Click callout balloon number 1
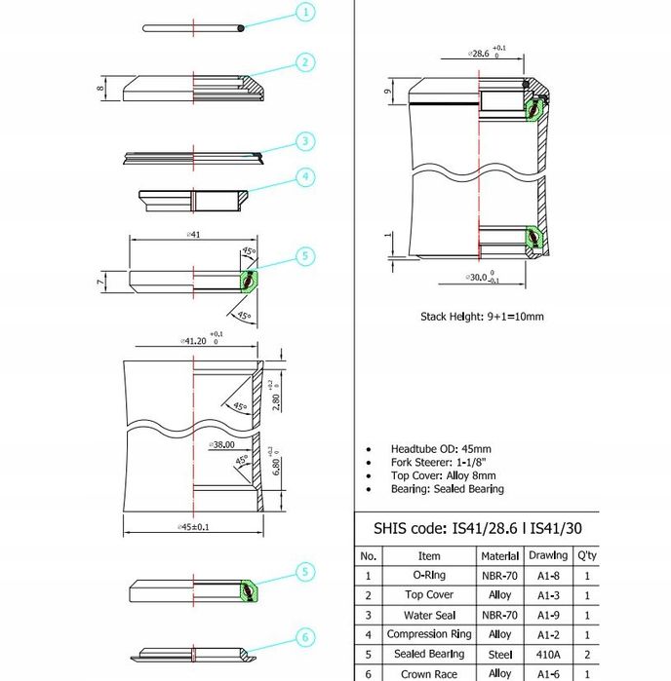click(305, 13)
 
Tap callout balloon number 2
click(305, 63)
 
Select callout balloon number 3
click(305, 141)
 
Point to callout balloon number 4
click(305, 177)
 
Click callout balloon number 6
click(305, 638)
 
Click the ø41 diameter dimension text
click(194, 235)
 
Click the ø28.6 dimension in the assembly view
click(480, 54)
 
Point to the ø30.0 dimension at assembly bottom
click(480, 279)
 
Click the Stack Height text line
click(482, 317)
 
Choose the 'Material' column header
click(499, 556)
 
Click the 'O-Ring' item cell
click(428, 576)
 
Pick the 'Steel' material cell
click(499, 654)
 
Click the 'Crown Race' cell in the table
click(428, 673)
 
